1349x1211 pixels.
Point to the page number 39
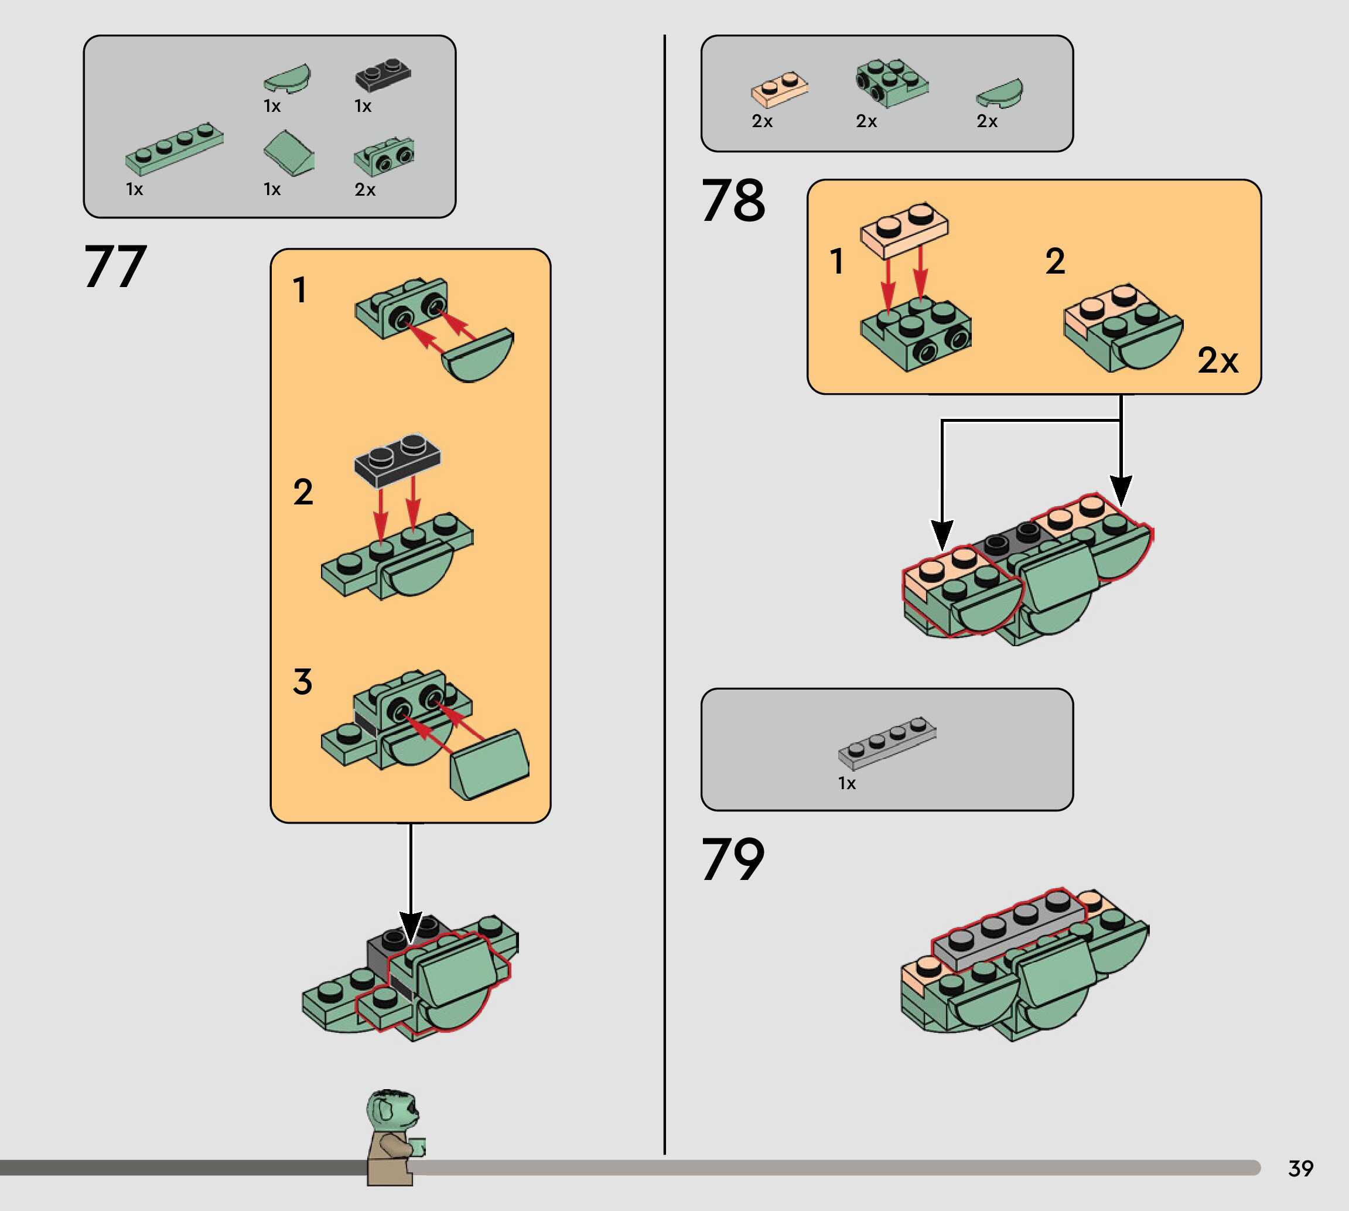[x=1300, y=1168]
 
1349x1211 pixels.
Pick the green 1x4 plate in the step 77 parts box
[x=175, y=148]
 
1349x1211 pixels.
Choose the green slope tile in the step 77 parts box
[x=289, y=153]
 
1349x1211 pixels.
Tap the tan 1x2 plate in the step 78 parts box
[x=780, y=89]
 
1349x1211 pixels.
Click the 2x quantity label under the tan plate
[x=762, y=122]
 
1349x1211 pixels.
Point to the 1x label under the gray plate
[x=847, y=783]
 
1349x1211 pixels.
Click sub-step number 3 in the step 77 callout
[x=303, y=682]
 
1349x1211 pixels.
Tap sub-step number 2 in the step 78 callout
[x=1055, y=261]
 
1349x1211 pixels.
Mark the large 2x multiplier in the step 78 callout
[x=1218, y=361]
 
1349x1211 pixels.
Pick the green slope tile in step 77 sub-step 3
[x=490, y=765]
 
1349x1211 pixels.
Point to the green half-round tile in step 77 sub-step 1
[x=478, y=355]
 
